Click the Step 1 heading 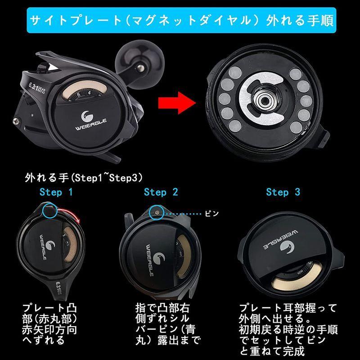(56, 192)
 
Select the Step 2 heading (161, 192)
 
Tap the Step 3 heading (283, 192)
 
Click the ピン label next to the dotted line (211, 214)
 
